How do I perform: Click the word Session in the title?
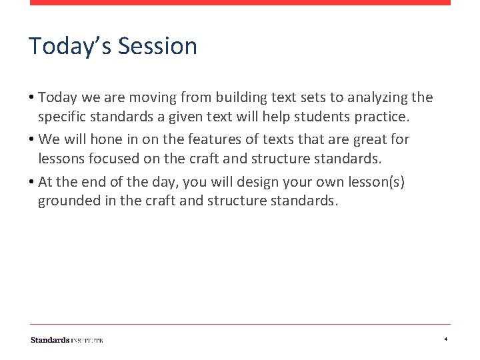point(158,47)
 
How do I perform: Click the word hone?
point(104,140)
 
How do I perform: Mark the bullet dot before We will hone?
point(32,140)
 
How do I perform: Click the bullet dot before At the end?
point(32,182)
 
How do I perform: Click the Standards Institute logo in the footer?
point(67,340)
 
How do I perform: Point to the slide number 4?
point(445,340)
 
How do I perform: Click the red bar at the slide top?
point(240,3)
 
